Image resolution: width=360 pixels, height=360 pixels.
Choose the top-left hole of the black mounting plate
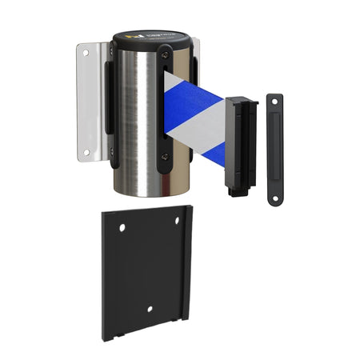pos(122,228)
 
